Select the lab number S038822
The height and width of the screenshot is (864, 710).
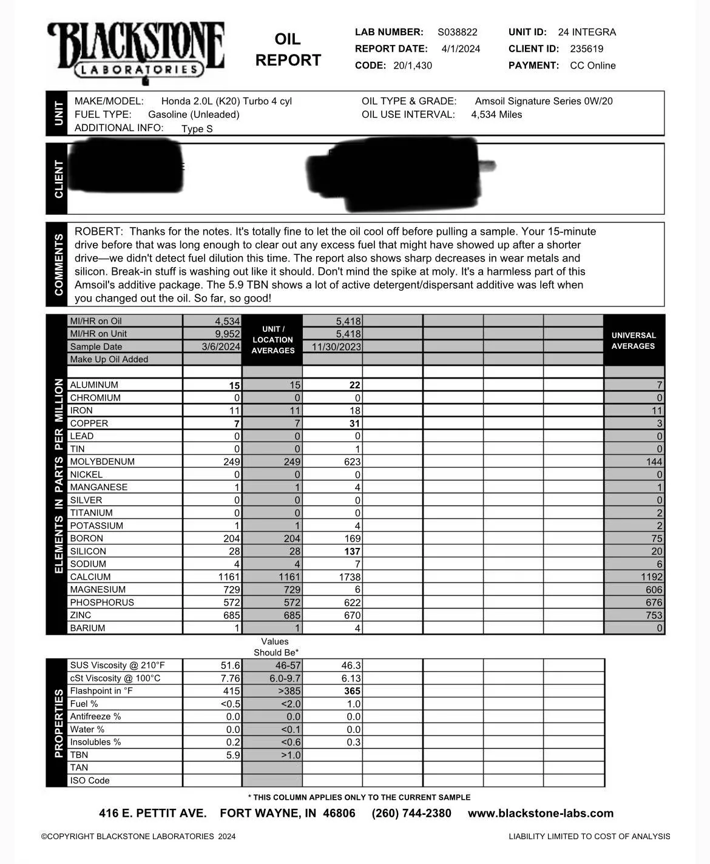click(x=458, y=32)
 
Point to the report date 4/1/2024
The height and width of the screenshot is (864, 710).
click(x=461, y=49)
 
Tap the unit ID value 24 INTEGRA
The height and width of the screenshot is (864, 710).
click(x=587, y=32)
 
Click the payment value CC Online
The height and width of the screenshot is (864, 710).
click(x=593, y=66)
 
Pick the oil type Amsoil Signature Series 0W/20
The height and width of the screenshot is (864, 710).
click(x=544, y=101)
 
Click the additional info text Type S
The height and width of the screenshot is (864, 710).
click(x=197, y=129)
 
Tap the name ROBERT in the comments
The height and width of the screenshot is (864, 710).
click(x=98, y=232)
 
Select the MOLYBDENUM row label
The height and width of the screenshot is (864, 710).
click(x=102, y=462)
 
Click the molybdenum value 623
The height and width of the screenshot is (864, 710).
click(x=352, y=462)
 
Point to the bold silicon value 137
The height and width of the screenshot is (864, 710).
click(x=352, y=552)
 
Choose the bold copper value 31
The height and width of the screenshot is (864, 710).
click(x=355, y=424)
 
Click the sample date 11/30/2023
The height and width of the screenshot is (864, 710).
click(x=336, y=347)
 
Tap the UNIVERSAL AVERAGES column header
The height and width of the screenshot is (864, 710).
click(x=634, y=340)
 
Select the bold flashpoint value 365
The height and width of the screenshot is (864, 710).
click(x=352, y=691)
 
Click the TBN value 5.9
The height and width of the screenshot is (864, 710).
click(x=233, y=755)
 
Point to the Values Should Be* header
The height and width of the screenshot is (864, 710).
click(x=276, y=647)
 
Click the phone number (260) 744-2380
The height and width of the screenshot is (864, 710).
click(x=411, y=814)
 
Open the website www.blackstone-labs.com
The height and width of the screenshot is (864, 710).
click(x=541, y=814)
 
